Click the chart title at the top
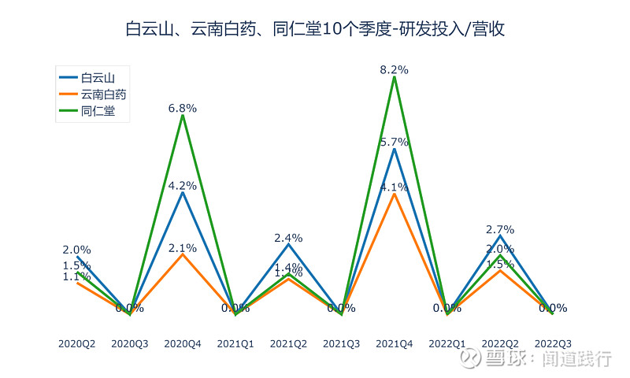tap(315, 30)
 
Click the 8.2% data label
tap(394, 70)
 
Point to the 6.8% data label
tap(183, 108)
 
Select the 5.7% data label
tap(394, 142)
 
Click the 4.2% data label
tap(183, 186)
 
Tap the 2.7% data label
tap(500, 230)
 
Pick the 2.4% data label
tap(288, 238)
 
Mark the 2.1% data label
tap(183, 247)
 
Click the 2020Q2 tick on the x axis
tap(76, 344)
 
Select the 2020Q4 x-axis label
tap(183, 344)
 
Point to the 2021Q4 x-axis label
tap(394, 344)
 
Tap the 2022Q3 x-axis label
tap(553, 344)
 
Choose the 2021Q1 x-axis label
tap(235, 344)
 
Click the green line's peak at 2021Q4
tap(394, 77)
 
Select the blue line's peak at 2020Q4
tap(183, 192)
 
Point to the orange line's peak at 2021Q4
tap(394, 194)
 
